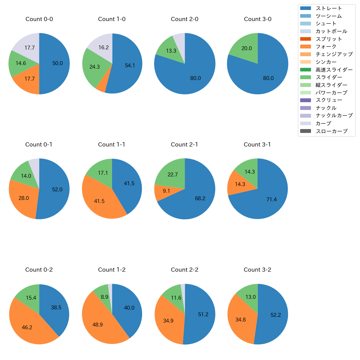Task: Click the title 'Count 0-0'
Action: [39, 19]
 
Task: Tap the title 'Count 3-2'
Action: [257, 270]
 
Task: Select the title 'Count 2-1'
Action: [184, 145]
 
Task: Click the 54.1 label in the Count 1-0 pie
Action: [130, 66]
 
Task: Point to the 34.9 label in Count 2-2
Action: [168, 321]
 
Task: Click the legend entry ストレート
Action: [329, 8]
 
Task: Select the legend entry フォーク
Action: [326, 47]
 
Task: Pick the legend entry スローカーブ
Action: [331, 131]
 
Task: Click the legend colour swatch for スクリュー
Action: [305, 100]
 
